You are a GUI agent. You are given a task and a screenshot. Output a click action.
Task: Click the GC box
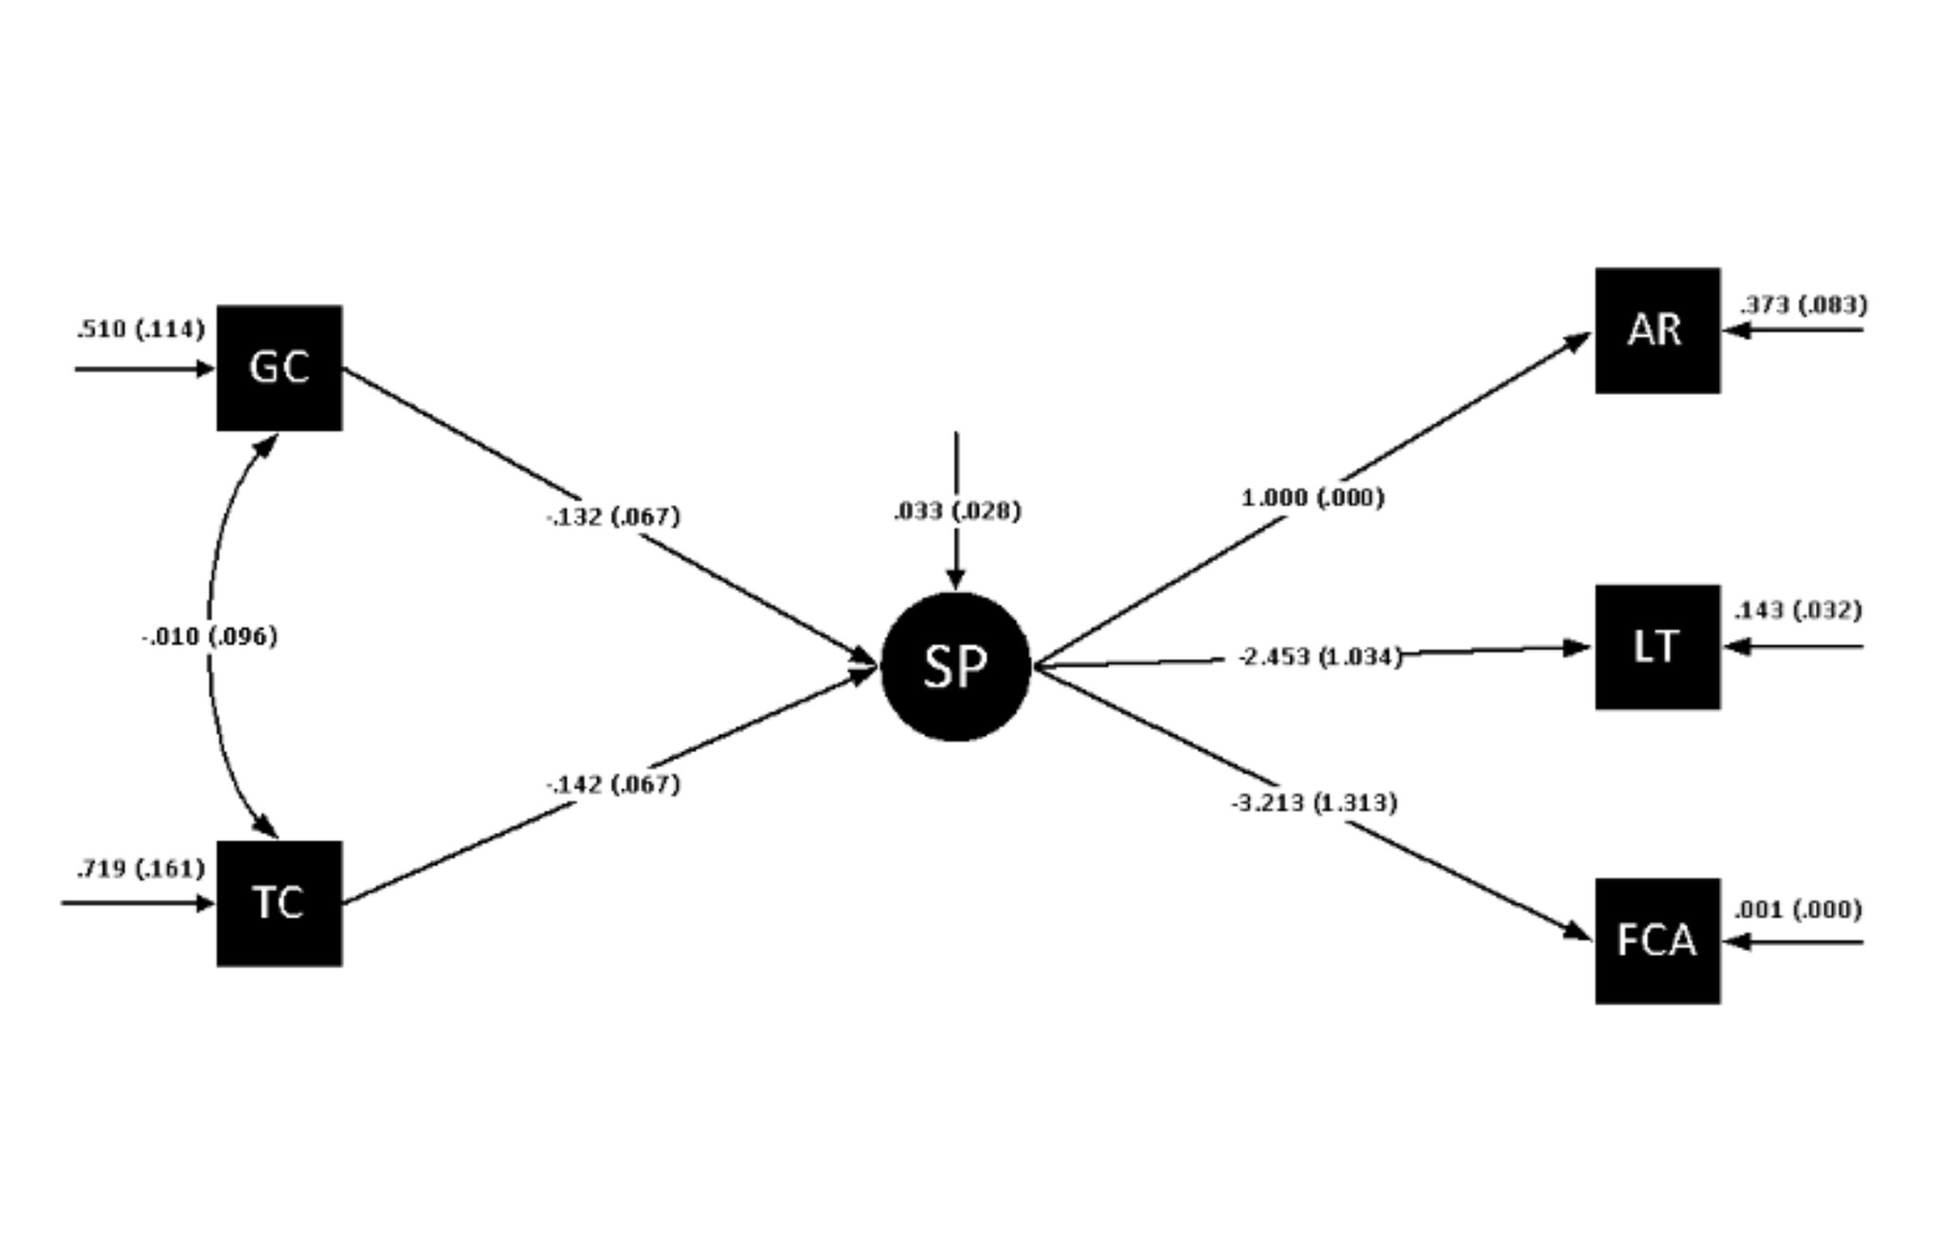pyautogui.click(x=279, y=368)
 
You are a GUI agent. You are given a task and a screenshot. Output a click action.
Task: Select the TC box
pyautogui.click(x=279, y=903)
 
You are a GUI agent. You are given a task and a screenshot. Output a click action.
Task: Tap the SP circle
pyautogui.click(x=955, y=667)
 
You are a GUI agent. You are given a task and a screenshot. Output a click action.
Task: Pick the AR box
pyautogui.click(x=1656, y=330)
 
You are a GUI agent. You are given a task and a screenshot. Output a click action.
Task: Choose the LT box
pyautogui.click(x=1656, y=647)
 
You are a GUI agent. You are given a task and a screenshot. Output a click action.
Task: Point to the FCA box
pyautogui.click(x=1656, y=941)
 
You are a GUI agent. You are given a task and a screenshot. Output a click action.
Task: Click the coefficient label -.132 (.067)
pyautogui.click(x=614, y=516)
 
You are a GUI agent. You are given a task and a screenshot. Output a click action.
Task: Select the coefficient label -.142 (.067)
pyautogui.click(x=614, y=784)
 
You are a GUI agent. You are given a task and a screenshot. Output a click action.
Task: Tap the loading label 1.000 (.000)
pyautogui.click(x=1313, y=498)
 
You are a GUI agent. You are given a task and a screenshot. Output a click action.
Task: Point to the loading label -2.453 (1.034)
pyautogui.click(x=1319, y=657)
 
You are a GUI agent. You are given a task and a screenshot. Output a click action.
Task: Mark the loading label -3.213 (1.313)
pyautogui.click(x=1314, y=803)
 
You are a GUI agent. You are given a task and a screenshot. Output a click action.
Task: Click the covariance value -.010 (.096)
pyautogui.click(x=210, y=636)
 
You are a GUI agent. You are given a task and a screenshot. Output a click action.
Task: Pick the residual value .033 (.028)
pyautogui.click(x=957, y=512)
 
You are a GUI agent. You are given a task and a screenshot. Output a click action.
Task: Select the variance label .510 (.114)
pyautogui.click(x=140, y=329)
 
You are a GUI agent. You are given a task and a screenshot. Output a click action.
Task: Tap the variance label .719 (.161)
pyautogui.click(x=140, y=869)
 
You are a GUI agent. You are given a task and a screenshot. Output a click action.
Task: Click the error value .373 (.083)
pyautogui.click(x=1803, y=305)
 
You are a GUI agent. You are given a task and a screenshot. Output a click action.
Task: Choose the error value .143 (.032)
pyautogui.click(x=1798, y=610)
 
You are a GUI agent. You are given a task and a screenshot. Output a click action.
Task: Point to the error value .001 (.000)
pyautogui.click(x=1798, y=910)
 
